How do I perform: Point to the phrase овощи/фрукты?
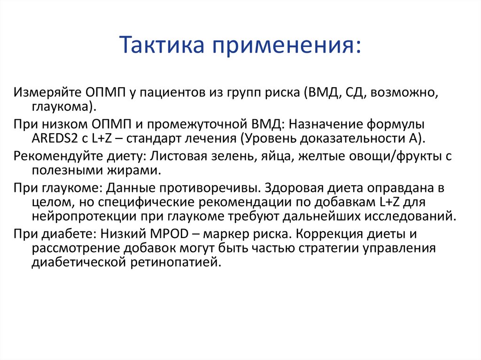(386, 156)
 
